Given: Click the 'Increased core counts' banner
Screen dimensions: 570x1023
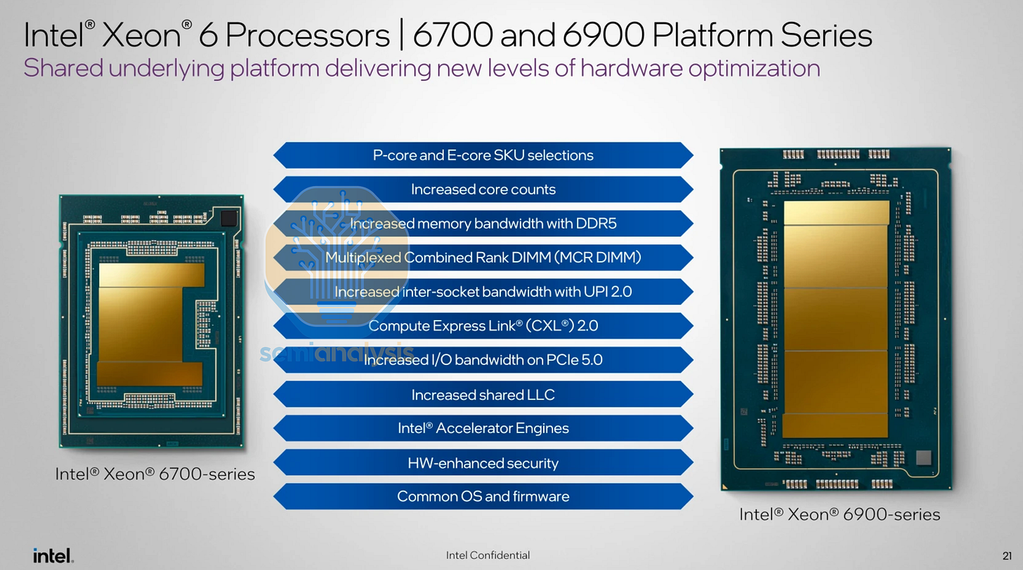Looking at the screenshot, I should (x=483, y=190).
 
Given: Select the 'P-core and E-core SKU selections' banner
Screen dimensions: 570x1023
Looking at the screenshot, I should (x=483, y=155).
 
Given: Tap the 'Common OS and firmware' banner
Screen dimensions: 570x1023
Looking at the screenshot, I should (x=483, y=496).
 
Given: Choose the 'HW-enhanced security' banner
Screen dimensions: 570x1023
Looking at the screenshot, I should (x=483, y=463).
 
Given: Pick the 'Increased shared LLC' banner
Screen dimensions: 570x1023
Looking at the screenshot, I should (x=483, y=395).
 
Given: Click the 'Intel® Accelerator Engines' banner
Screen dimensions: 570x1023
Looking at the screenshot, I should (x=483, y=428).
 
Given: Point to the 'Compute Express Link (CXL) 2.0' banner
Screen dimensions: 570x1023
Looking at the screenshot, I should (x=483, y=326).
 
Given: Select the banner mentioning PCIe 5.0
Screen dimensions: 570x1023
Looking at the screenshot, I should (x=483, y=360).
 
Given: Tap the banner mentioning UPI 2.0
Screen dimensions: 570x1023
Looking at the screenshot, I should (x=483, y=291).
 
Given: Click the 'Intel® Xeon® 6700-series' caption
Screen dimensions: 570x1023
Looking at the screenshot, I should (x=155, y=475).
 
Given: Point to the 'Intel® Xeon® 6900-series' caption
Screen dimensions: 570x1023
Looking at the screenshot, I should (x=839, y=515).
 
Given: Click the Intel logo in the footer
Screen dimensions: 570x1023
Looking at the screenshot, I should (x=53, y=555).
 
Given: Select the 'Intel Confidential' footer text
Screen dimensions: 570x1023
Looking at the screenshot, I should (x=488, y=555).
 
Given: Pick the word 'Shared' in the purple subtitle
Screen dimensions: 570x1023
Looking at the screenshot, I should (x=60, y=69).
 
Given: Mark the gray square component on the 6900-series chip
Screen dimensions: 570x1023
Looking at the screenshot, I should (x=924, y=458).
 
